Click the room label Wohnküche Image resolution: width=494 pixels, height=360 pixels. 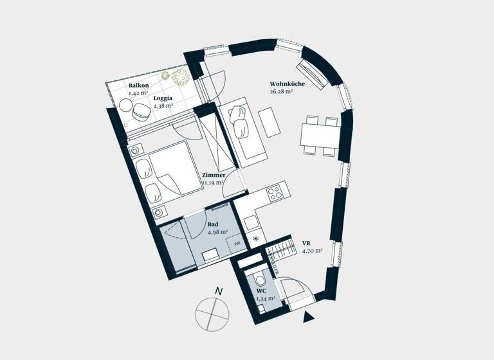tap(287, 84)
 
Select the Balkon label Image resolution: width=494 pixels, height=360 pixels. tap(138, 85)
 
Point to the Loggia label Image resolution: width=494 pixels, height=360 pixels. tap(162, 98)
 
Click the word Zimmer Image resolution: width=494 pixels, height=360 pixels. tap(213, 175)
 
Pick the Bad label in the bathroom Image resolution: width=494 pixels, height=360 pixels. tap(212, 224)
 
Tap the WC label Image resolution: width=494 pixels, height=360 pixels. tap(261, 291)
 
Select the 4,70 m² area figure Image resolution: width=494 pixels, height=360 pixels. tap(311, 251)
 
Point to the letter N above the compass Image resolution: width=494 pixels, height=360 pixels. tap(219, 291)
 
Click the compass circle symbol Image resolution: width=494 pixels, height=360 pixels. tap(212, 314)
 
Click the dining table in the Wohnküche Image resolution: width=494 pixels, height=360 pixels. tap(320, 135)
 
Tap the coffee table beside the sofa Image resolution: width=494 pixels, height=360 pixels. tap(268, 122)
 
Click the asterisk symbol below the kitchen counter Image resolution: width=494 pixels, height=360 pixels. tap(257, 239)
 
